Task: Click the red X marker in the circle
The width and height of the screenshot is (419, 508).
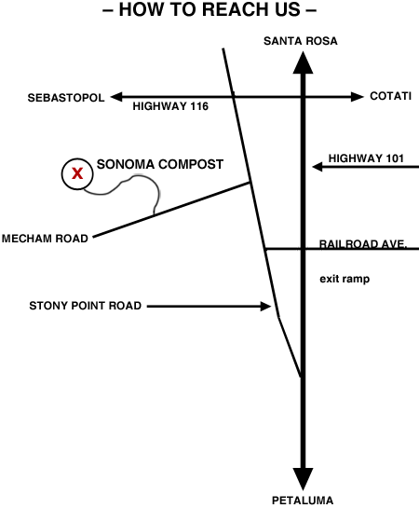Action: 77,173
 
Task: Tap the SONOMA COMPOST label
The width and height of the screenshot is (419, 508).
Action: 160,164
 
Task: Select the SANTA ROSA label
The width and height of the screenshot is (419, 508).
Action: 300,41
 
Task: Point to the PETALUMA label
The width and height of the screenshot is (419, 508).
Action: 303,501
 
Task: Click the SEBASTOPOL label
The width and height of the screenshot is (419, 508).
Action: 66,98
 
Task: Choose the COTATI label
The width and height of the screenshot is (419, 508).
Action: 390,96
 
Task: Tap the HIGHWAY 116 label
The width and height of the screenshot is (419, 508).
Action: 170,106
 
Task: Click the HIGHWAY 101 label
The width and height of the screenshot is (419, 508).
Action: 366,158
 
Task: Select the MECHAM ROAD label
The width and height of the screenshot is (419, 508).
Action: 45,239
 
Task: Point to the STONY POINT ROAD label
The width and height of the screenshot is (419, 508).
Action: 86,306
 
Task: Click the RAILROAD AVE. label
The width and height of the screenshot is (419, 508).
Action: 363,244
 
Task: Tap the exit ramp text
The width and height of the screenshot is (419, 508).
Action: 345,279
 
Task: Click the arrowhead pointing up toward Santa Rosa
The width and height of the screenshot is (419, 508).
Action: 303,63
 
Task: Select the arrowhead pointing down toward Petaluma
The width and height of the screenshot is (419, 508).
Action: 303,478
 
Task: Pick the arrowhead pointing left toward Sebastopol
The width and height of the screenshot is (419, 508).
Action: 116,97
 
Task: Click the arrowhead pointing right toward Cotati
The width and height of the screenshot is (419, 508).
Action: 358,97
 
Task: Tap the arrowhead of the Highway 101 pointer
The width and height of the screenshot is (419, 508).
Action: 318,167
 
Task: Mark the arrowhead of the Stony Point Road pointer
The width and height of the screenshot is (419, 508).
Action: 266,306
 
